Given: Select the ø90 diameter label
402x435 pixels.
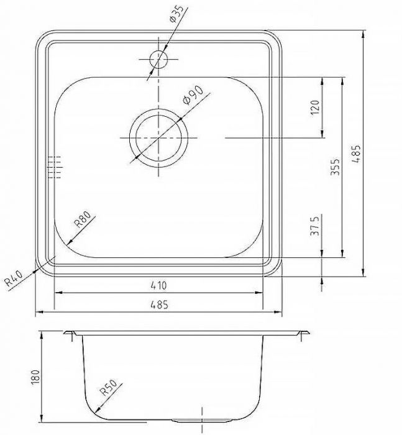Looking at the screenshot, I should (x=190, y=97).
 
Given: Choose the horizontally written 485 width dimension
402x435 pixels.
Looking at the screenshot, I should (x=159, y=304).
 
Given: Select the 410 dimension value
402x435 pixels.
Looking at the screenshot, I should (x=159, y=286).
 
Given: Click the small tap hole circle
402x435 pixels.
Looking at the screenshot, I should (x=158, y=60).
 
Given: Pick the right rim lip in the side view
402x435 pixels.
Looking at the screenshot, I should (x=304, y=334).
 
